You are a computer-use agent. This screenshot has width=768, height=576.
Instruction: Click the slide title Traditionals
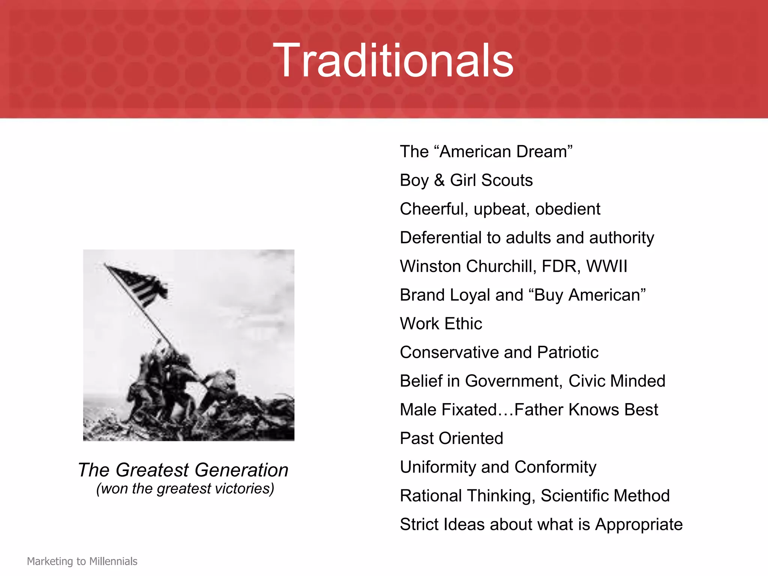(x=393, y=61)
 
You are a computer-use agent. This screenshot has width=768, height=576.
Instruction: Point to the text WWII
(x=606, y=266)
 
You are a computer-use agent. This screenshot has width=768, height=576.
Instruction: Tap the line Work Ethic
(x=441, y=324)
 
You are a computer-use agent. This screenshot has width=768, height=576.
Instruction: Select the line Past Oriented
(x=451, y=438)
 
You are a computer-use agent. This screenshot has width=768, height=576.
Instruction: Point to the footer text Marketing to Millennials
(x=82, y=561)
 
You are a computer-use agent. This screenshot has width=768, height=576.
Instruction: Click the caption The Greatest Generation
(x=183, y=470)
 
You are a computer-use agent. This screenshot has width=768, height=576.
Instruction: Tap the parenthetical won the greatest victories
(x=185, y=489)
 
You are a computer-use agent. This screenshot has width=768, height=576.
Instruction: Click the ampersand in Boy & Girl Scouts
(x=439, y=180)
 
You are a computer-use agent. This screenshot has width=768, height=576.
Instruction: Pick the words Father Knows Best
(x=586, y=410)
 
